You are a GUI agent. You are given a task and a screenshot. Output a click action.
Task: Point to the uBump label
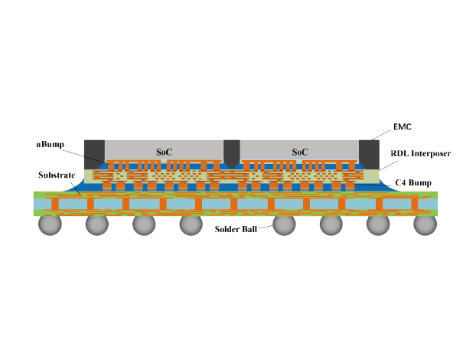point(49,144)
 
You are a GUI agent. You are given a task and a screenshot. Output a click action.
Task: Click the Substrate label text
point(56,175)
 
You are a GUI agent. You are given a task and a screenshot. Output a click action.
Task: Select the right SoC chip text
point(299,152)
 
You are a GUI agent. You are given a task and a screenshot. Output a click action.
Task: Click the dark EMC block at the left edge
point(94,151)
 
